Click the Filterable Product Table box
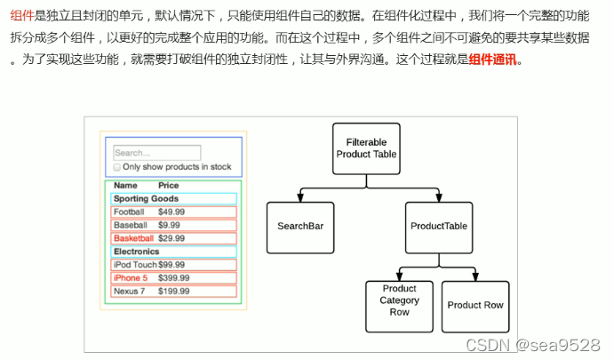point(366,148)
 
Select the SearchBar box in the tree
point(300,227)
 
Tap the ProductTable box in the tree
point(439,227)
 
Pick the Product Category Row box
point(399,300)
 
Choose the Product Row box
point(474,306)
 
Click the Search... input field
point(157,153)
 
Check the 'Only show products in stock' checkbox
point(117,167)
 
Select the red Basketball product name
point(133,238)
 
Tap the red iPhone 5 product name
point(131,278)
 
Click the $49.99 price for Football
point(171,212)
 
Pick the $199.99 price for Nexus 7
point(173,292)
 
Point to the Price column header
point(168,186)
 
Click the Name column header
point(125,186)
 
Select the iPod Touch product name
point(135,265)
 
